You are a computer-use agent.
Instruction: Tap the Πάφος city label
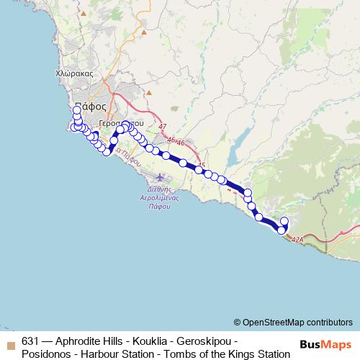(90, 105)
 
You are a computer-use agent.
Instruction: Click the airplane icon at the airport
(159, 176)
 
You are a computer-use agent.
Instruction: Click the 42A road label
(298, 240)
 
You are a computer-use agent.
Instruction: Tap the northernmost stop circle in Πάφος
(77, 110)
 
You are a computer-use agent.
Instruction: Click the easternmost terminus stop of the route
(284, 221)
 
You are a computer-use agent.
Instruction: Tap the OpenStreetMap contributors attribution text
(297, 323)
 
